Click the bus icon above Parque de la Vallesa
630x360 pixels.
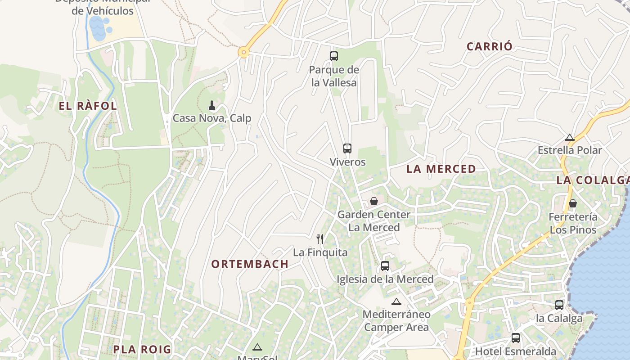334,56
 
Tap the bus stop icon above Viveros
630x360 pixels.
347,148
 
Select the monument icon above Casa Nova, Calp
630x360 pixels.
212,106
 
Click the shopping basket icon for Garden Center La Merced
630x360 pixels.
373,201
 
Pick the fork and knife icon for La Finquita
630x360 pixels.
320,238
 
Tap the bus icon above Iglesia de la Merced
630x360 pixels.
385,266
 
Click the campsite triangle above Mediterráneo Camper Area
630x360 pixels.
396,301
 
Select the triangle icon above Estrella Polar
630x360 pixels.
570,137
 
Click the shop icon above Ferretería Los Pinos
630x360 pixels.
572,203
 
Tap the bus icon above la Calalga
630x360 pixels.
559,305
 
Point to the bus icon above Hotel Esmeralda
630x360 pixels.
516,338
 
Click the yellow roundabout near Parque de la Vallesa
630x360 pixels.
243,53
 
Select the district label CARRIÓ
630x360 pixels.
490,46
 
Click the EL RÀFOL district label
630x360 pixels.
88,106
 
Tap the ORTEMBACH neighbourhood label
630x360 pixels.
250,264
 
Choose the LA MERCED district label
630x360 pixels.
441,169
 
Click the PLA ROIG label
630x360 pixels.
142,349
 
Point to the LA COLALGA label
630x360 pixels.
592,180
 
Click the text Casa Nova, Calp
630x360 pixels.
212,118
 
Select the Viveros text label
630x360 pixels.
347,162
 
